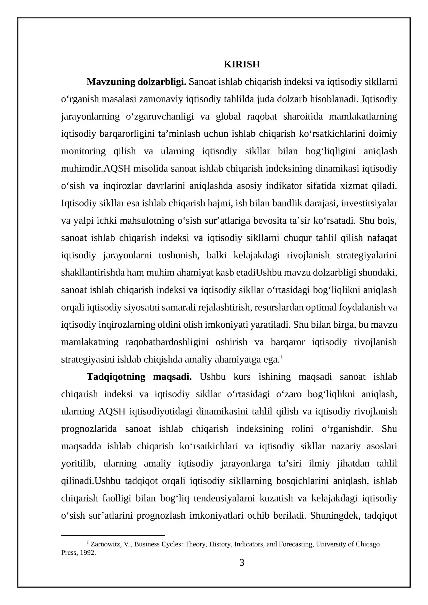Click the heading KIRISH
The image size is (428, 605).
point(242,64)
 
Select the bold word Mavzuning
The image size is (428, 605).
point(111,82)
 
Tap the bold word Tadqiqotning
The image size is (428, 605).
point(116,377)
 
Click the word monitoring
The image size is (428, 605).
point(83,151)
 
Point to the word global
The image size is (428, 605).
point(228,117)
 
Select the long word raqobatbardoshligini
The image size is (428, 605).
point(167,342)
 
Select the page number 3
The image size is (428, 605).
point(242,563)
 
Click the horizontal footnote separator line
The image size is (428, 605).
point(113,535)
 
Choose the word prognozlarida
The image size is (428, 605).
point(89,429)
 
